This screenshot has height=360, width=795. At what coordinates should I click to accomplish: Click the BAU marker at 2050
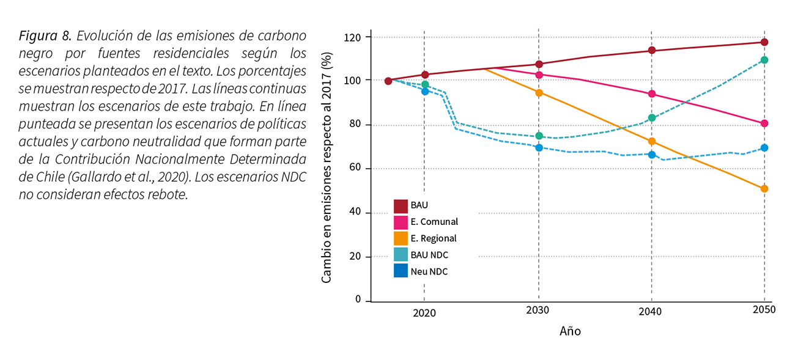(x=764, y=42)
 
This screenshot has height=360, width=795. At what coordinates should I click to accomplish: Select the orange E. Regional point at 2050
(x=764, y=189)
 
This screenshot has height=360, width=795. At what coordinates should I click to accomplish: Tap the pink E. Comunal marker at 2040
(x=651, y=94)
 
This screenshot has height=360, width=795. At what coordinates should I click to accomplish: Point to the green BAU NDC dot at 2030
(x=539, y=136)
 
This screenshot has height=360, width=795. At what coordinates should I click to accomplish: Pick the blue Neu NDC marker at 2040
(x=651, y=155)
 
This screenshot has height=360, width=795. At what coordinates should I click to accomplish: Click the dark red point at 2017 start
(x=388, y=81)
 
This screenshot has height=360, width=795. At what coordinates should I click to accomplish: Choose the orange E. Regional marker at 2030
(x=539, y=93)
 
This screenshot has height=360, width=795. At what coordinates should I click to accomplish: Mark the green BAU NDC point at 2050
(x=764, y=60)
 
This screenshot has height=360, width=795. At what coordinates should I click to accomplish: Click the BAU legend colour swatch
(x=401, y=205)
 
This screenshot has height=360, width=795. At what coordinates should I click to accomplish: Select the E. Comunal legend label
(x=434, y=222)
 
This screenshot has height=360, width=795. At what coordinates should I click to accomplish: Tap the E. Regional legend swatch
(x=401, y=238)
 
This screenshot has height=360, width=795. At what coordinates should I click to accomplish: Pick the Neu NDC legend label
(x=429, y=271)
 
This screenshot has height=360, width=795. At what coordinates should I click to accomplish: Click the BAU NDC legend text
(x=429, y=255)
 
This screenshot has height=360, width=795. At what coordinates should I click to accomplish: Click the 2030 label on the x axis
(x=538, y=310)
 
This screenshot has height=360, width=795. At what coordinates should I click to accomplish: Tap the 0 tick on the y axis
(x=358, y=300)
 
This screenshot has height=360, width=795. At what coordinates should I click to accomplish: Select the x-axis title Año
(x=570, y=332)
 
